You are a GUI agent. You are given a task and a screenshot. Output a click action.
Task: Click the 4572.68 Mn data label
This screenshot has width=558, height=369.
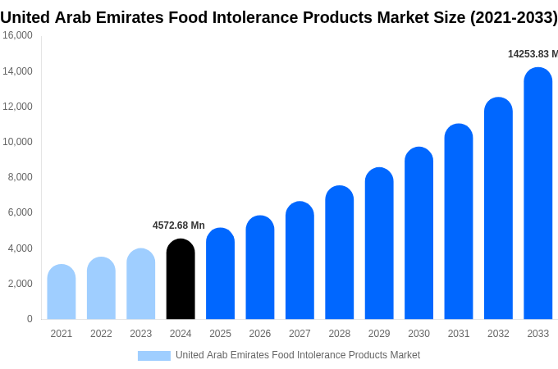(179, 225)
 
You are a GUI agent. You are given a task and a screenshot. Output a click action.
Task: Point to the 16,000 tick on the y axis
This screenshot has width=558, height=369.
(17, 35)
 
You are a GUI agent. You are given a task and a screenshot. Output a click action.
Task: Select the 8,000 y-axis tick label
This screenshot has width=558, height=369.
(20, 177)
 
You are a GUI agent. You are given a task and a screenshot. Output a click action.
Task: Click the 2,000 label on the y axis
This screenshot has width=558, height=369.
(20, 284)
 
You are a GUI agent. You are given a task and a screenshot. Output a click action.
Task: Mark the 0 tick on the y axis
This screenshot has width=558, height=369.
(30, 319)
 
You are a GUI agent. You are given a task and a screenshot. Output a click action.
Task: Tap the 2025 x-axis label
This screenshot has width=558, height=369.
(220, 334)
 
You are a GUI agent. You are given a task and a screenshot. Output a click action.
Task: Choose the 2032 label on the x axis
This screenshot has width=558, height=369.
(498, 334)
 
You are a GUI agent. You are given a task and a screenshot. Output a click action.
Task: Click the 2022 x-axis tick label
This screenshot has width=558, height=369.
(101, 334)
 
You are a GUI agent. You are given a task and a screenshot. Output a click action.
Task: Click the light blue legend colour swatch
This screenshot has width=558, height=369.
(154, 356)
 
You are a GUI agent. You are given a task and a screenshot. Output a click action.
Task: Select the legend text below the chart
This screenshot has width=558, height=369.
(297, 355)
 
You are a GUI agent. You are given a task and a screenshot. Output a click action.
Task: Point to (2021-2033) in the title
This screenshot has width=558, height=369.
(513, 17)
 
